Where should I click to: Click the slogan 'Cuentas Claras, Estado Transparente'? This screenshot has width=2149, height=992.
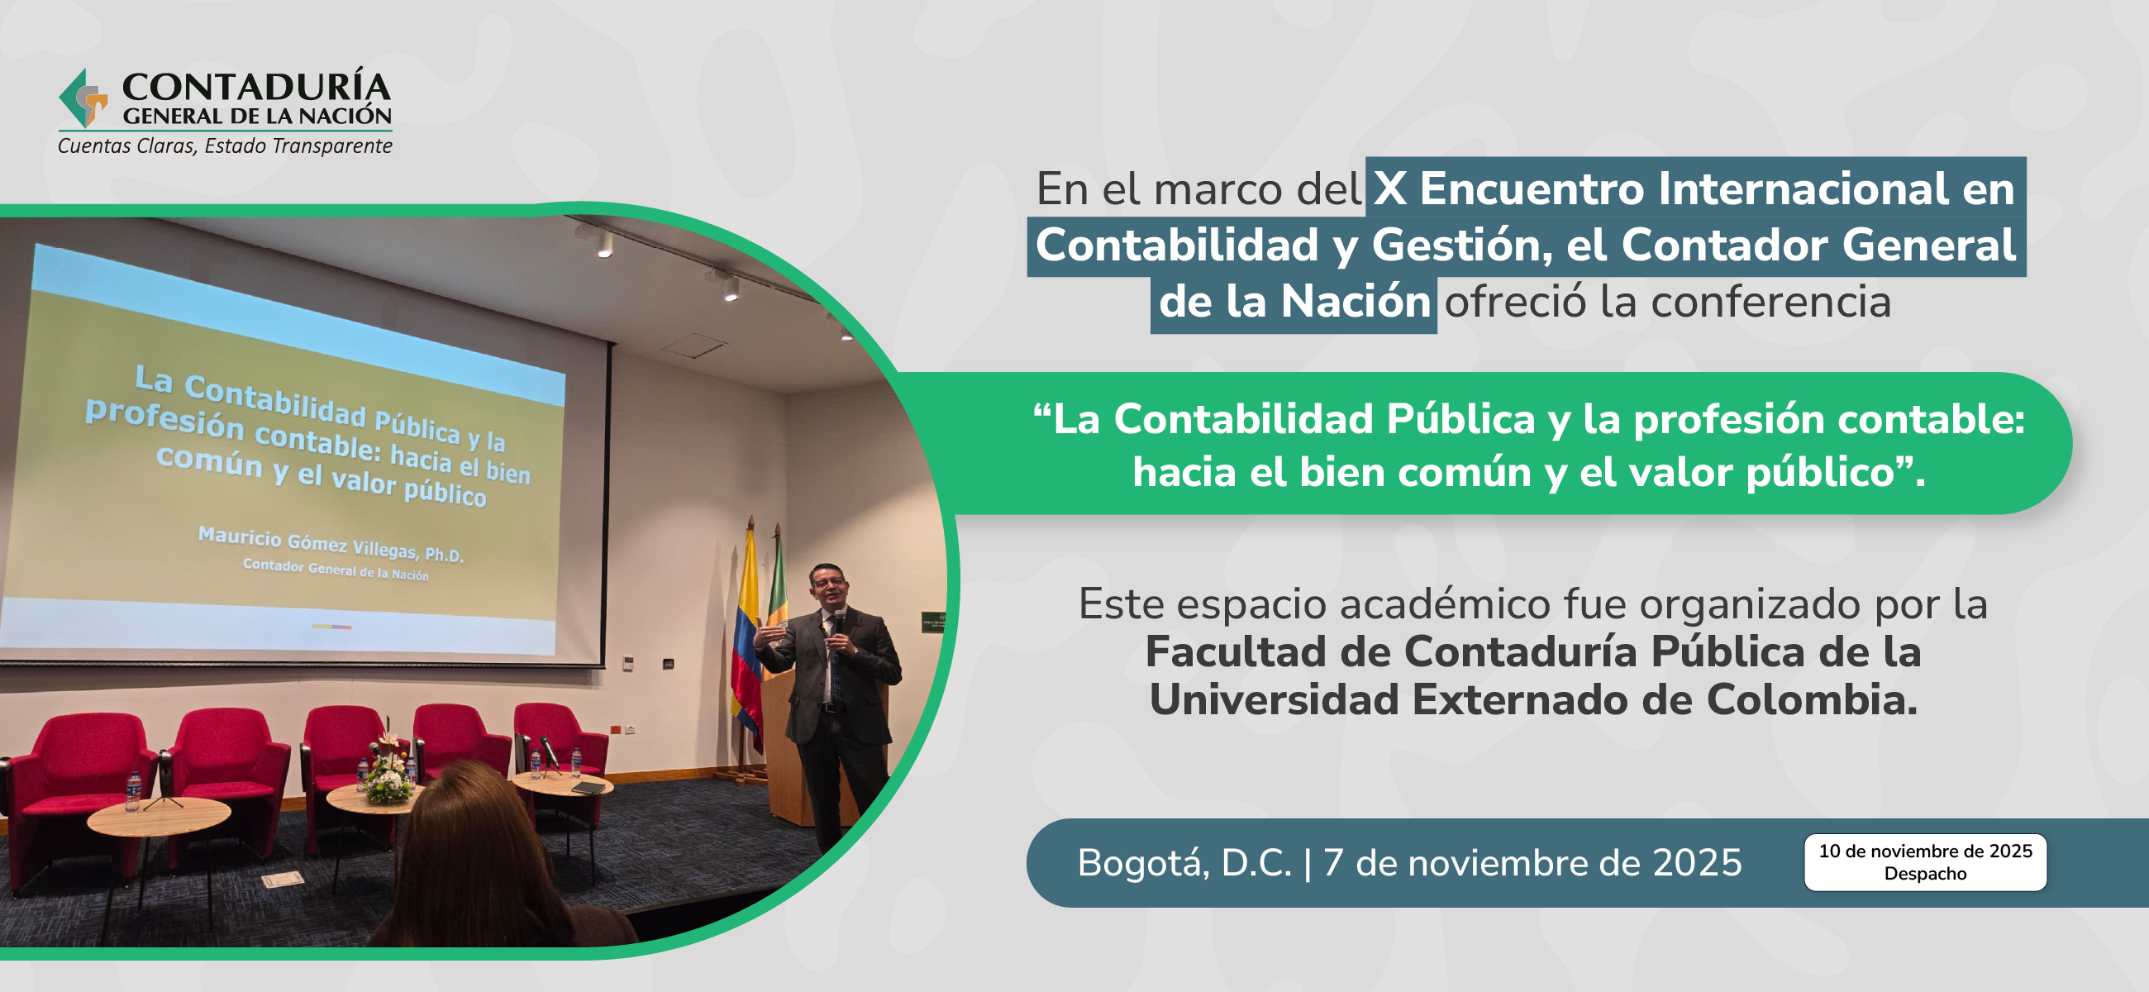click(x=225, y=146)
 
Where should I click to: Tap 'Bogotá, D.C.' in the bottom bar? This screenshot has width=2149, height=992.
click(x=1184, y=863)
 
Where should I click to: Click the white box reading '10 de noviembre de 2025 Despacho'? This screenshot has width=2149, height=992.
click(x=1924, y=862)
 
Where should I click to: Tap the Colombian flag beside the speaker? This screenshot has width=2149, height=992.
click(x=746, y=634)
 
